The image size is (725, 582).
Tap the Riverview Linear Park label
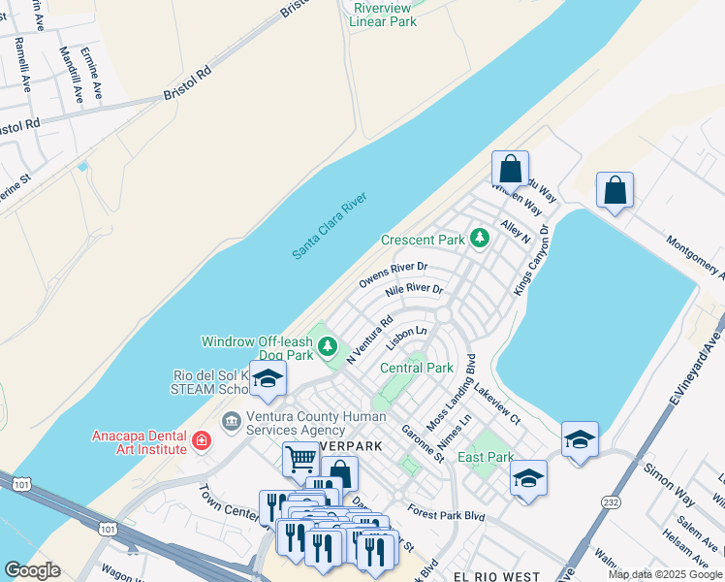point(384,14)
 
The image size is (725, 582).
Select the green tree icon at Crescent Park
point(478,238)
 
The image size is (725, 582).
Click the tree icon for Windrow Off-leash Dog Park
point(329,345)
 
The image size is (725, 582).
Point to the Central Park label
point(416,368)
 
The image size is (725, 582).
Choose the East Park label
point(486,457)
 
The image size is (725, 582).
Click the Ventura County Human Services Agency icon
point(232,420)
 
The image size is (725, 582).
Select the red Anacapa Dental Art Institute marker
point(201,441)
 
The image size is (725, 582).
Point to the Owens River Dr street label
point(393,273)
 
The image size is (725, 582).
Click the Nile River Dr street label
point(414,290)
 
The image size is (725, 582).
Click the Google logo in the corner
point(32,570)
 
